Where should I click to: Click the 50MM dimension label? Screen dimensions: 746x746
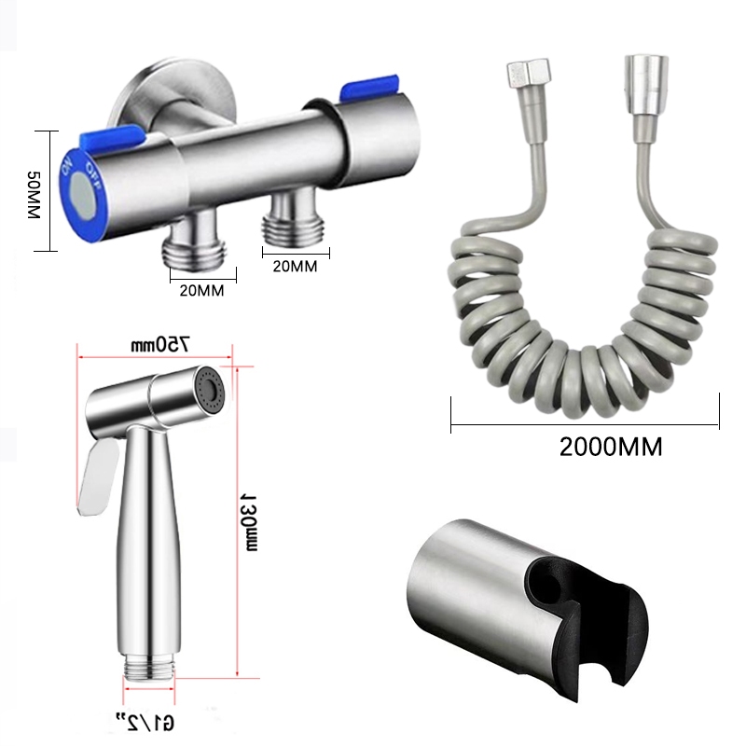[34, 195]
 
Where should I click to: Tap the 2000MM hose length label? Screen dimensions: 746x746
[611, 448]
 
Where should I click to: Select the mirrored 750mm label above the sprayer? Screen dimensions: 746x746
[160, 344]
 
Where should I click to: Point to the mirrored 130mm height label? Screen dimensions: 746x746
[250, 522]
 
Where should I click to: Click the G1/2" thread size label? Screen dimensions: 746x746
[145, 722]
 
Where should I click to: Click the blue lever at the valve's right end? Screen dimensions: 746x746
[368, 88]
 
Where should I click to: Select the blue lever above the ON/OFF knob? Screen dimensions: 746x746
[113, 137]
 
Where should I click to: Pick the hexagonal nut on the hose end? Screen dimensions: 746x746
[528, 74]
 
